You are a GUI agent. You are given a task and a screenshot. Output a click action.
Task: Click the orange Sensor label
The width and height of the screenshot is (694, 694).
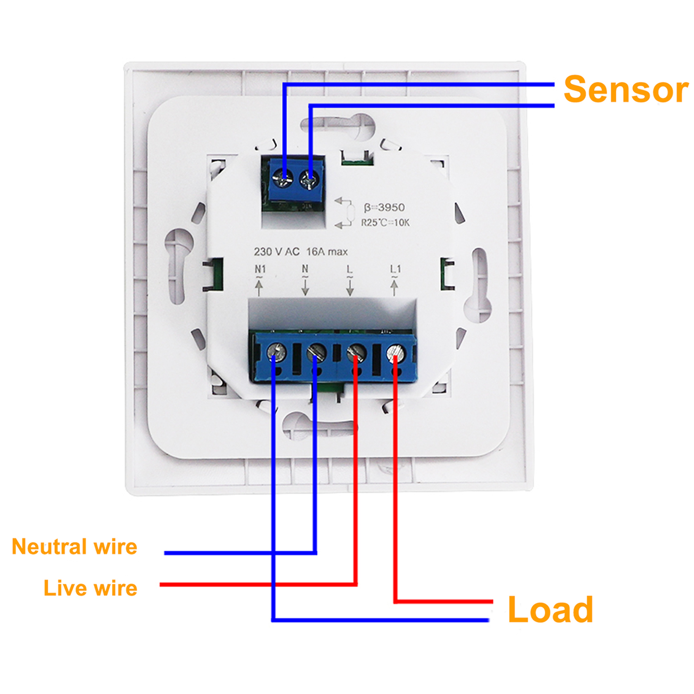[x=626, y=90]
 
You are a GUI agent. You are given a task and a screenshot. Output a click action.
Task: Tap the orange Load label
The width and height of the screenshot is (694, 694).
[x=550, y=610]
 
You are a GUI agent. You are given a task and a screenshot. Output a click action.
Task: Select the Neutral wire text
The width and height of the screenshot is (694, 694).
[x=74, y=547]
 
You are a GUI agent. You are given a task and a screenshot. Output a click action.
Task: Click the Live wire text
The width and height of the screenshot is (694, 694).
[x=91, y=588]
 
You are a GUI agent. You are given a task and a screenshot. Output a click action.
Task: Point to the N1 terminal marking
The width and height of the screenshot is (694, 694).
[x=260, y=269]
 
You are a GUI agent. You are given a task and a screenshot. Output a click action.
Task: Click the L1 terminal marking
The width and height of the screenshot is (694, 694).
[x=395, y=269]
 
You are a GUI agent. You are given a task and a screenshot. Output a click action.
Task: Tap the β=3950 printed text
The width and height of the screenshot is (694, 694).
[x=384, y=207]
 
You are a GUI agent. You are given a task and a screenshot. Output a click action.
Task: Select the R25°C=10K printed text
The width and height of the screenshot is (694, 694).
[x=385, y=223]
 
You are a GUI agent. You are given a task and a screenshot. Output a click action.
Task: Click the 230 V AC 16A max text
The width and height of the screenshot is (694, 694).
[x=301, y=252]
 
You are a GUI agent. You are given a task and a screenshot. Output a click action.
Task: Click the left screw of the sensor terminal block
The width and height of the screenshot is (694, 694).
[x=282, y=178]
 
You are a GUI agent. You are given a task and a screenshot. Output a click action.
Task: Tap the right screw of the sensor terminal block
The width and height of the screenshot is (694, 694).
[x=309, y=178]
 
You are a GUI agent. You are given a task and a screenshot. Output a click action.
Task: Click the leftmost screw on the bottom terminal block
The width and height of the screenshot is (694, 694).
[x=277, y=351]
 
